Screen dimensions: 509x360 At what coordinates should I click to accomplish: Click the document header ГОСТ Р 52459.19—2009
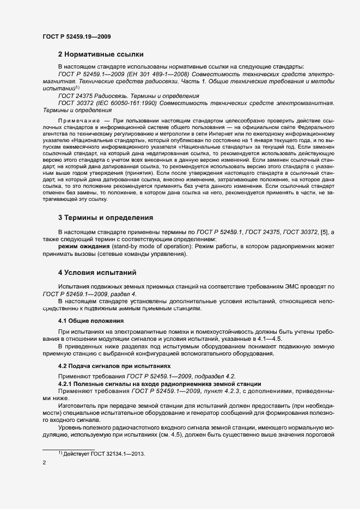coord(77,36)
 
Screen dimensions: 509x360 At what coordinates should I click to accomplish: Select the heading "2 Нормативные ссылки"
coord(101,54)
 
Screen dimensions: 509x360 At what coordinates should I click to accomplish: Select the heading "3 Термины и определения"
coord(106,218)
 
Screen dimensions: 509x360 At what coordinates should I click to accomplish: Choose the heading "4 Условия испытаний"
coord(97,272)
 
